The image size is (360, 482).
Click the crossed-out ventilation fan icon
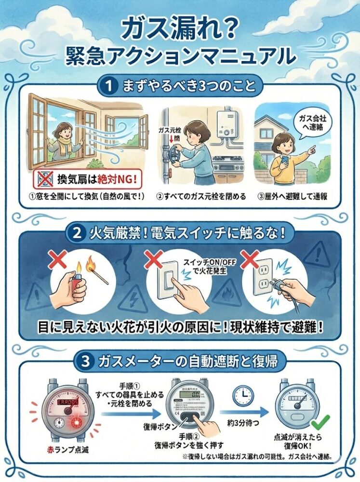43,180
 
